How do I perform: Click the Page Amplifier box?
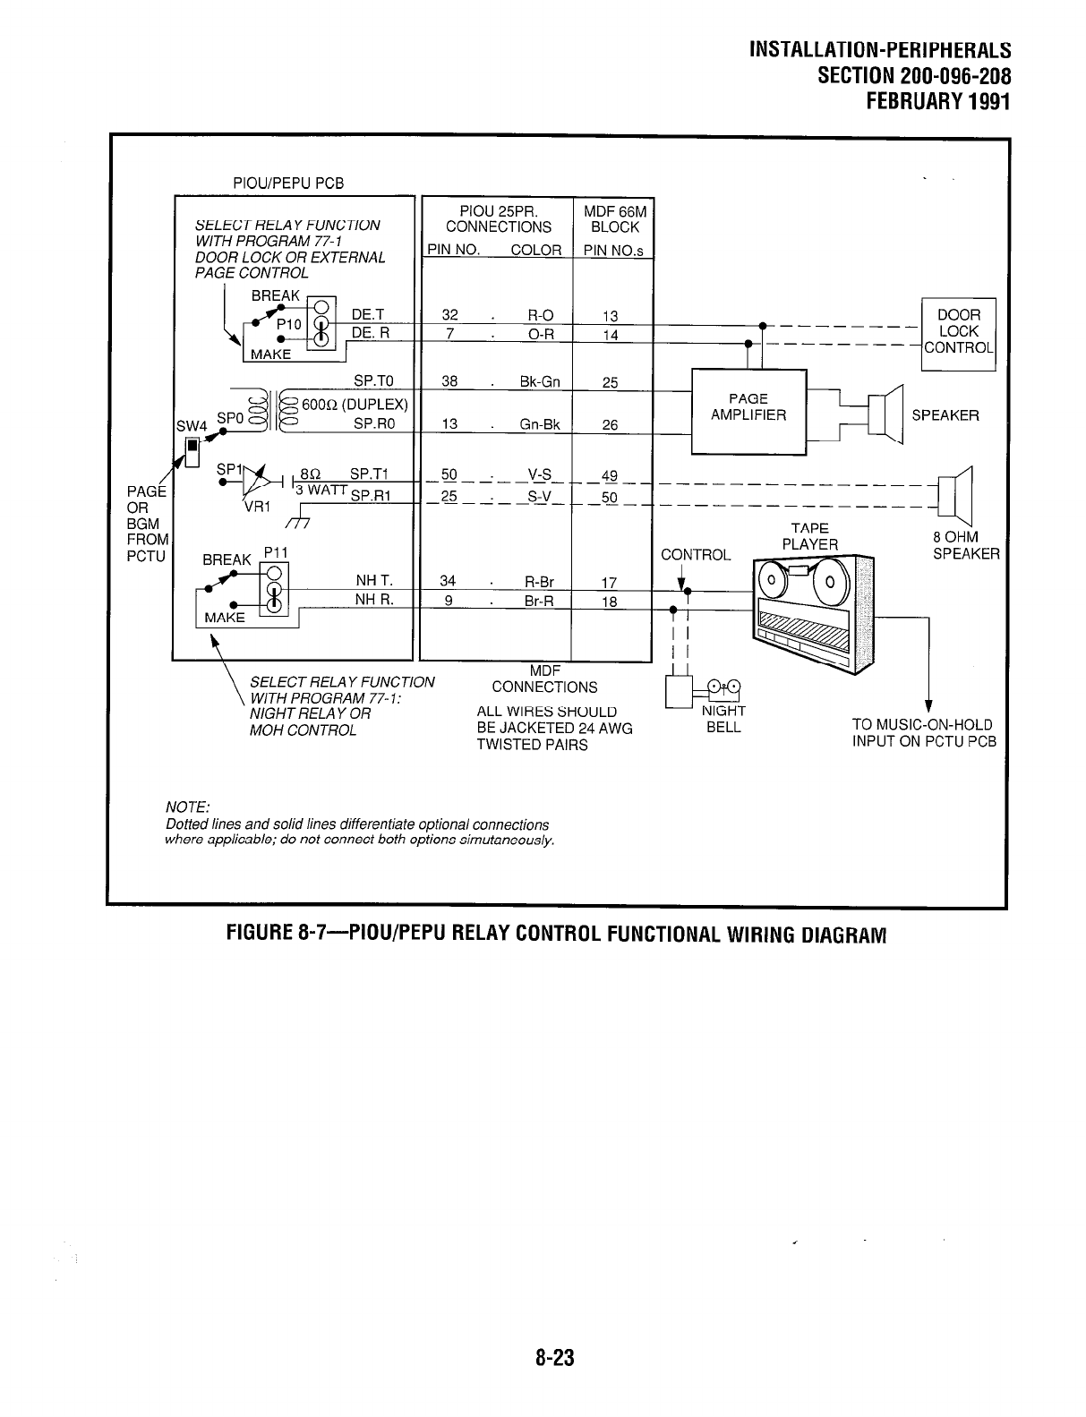(x=748, y=407)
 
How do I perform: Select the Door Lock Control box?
(x=958, y=331)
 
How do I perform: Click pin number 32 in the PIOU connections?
(x=450, y=315)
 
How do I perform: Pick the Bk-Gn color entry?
(x=540, y=382)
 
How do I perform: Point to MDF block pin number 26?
(x=610, y=425)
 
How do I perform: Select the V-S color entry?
(x=539, y=474)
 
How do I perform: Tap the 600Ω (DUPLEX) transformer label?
(x=355, y=404)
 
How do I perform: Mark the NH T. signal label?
(x=374, y=581)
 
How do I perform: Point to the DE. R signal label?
(x=371, y=332)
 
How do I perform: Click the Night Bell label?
(x=723, y=719)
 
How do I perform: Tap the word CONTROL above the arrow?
(x=696, y=555)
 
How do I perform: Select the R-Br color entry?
(x=540, y=582)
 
